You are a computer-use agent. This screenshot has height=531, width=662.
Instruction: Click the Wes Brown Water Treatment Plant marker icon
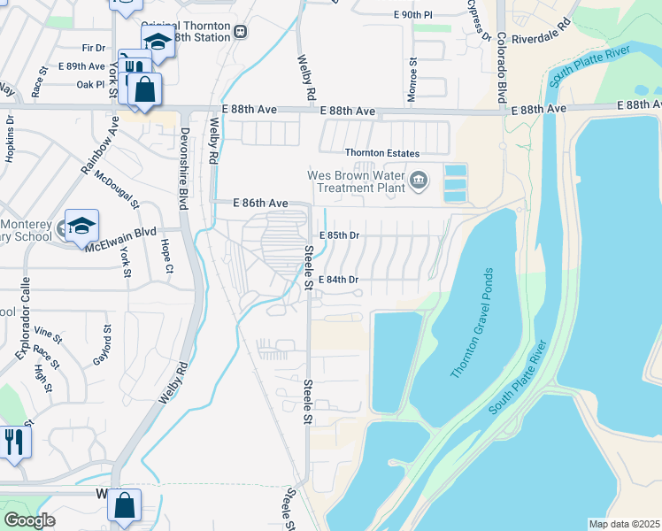point(419,181)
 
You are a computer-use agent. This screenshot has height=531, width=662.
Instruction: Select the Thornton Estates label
point(381,153)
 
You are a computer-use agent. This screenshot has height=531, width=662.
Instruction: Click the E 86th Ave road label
point(261,204)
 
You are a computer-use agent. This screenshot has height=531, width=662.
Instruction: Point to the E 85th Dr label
point(340,235)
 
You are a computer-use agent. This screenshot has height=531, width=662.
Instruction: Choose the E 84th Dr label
point(339,280)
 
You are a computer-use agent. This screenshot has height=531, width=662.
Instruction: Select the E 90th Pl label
point(413,16)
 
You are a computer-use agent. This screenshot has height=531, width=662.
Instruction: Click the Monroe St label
point(412,80)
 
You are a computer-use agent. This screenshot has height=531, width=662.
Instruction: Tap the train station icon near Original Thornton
point(241,32)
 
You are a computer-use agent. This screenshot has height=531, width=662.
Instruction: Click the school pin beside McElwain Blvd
point(81,227)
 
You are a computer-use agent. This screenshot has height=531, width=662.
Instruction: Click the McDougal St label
point(117,190)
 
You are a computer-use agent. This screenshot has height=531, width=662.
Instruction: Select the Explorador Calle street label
point(30,327)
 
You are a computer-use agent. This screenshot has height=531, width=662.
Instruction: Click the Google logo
point(30,519)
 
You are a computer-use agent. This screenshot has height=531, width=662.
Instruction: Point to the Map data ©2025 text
point(624,524)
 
